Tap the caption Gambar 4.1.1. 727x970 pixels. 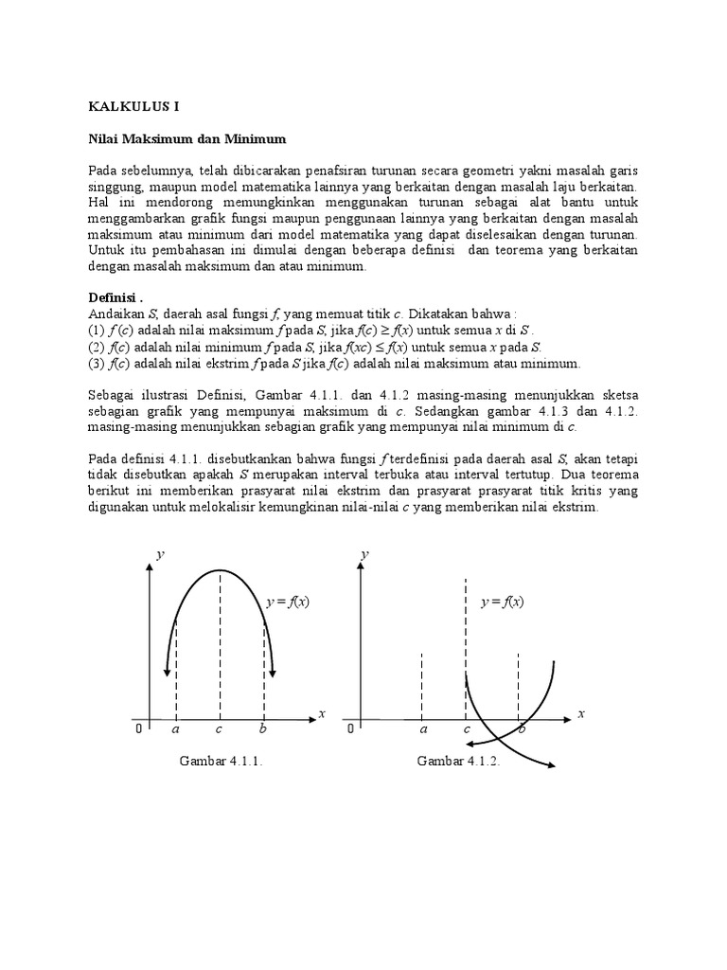pyautogui.click(x=220, y=761)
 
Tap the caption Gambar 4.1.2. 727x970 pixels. pyautogui.click(x=458, y=761)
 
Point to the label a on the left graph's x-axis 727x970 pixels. pyautogui.click(x=176, y=729)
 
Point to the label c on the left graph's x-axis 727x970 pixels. pyautogui.click(x=219, y=729)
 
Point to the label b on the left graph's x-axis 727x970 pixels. pyautogui.click(x=263, y=729)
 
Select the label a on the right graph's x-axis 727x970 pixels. pyautogui.click(x=423, y=729)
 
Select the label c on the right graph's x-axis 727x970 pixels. pyautogui.click(x=466, y=729)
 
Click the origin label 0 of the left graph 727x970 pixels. pyautogui.click(x=139, y=730)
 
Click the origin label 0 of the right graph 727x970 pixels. pyautogui.click(x=350, y=730)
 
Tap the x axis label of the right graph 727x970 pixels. pyautogui.click(x=581, y=713)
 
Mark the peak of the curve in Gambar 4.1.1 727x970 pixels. pyautogui.click(x=220, y=570)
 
